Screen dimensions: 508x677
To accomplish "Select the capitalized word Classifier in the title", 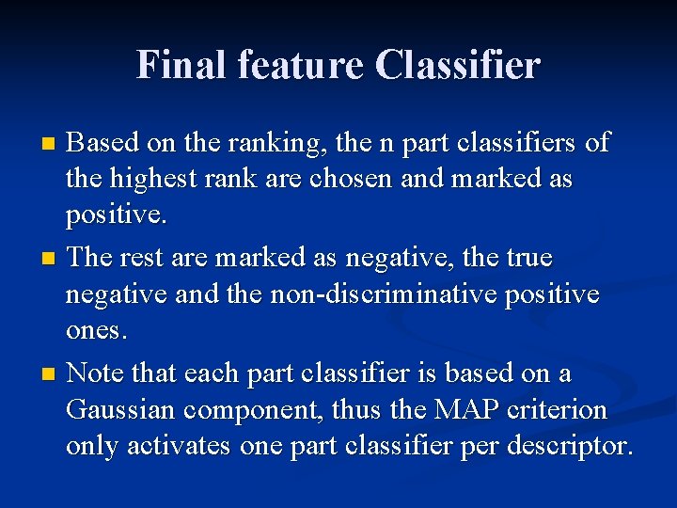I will [458, 65].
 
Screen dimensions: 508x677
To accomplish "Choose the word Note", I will [99, 373].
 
